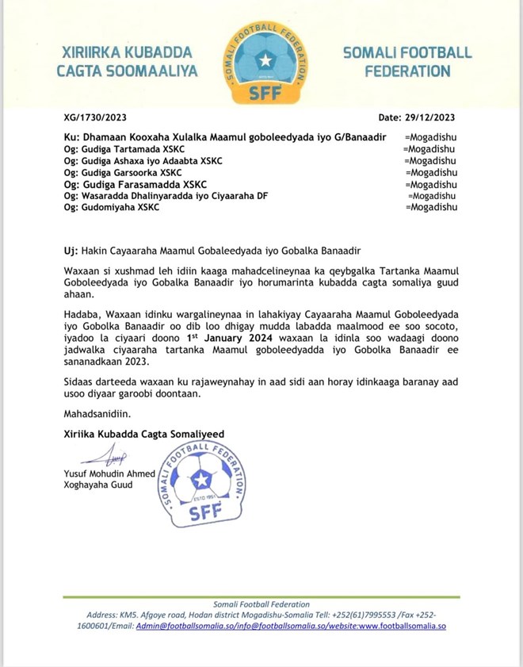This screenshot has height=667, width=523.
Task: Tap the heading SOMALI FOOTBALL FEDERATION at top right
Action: click(407, 62)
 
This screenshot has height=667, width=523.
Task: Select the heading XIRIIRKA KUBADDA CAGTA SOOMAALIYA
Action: click(125, 62)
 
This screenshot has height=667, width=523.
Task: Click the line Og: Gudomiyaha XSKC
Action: click(112, 207)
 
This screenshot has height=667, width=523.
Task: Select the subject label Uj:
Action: click(70, 251)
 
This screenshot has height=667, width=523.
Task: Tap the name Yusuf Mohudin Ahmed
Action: click(110, 474)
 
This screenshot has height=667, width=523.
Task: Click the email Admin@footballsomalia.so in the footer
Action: click(185, 626)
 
